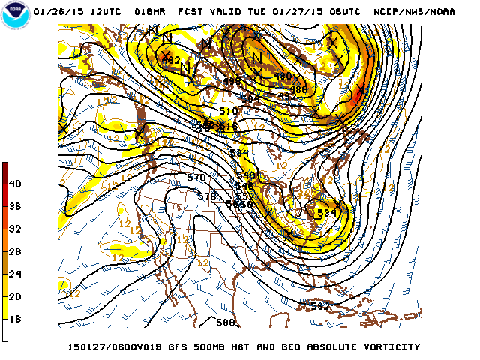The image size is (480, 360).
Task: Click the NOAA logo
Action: click(x=16, y=16)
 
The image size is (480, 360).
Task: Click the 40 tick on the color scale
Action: click(x=15, y=184)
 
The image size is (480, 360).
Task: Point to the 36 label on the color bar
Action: click(x=15, y=206)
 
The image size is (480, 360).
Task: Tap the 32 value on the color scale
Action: click(x=15, y=229)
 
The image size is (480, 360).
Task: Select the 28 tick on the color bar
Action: click(x=15, y=251)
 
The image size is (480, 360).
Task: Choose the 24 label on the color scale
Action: click(x=15, y=274)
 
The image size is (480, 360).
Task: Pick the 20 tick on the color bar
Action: click(x=15, y=296)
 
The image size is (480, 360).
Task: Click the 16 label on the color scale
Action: click(x=15, y=319)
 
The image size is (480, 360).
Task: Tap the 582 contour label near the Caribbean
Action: click(x=320, y=305)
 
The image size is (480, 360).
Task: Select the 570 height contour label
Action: click(x=196, y=178)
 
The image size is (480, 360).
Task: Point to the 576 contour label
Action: click(x=207, y=196)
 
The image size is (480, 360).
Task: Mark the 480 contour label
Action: click(x=283, y=76)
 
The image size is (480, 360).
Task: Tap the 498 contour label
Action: click(x=232, y=82)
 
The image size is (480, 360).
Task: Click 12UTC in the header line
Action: click(x=110, y=13)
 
